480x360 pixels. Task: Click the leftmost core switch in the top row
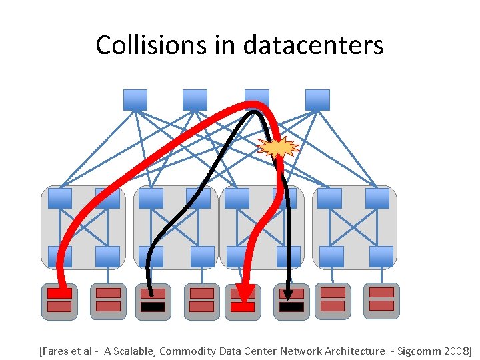click(135, 100)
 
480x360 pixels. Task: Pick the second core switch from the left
click(195, 100)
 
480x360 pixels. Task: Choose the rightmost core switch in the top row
click(317, 100)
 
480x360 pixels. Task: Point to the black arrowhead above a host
click(289, 293)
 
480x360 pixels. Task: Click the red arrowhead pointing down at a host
click(245, 293)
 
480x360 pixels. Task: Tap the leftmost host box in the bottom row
click(59, 301)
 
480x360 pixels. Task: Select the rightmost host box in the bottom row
click(381, 300)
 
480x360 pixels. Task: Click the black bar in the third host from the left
click(153, 307)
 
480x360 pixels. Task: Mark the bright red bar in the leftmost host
click(59, 293)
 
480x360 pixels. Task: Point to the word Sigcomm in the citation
click(417, 351)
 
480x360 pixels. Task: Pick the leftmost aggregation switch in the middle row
click(60, 198)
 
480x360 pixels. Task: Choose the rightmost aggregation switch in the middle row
click(377, 198)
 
